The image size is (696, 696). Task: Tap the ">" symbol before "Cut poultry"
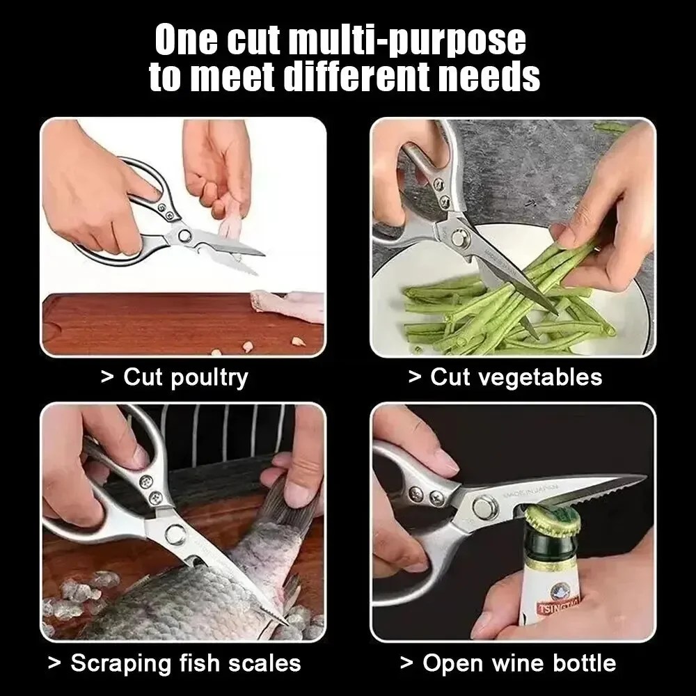pyautogui.click(x=106, y=377)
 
